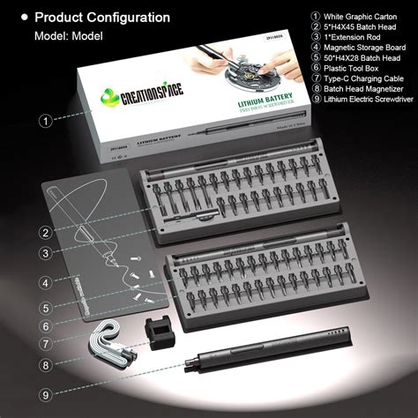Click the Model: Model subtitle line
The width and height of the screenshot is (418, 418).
pyautogui.click(x=70, y=36)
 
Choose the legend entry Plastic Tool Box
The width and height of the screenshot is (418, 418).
pyautogui.click(x=354, y=74)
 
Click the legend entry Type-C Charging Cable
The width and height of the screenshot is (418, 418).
pyautogui.click(x=362, y=86)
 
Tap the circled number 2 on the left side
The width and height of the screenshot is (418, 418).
pyautogui.click(x=43, y=233)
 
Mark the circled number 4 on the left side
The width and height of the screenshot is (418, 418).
pyautogui.click(x=43, y=283)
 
